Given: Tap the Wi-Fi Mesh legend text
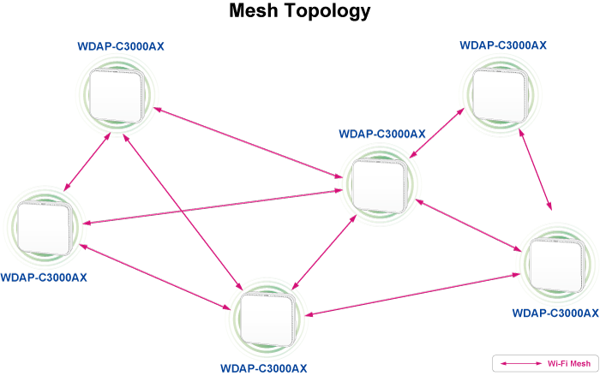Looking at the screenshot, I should [569, 363].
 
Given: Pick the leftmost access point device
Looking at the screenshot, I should [42, 229].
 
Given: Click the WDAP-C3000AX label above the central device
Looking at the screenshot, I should [381, 134].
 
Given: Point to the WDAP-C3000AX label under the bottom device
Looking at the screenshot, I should [263, 368].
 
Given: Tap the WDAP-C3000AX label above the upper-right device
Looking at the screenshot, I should [503, 45].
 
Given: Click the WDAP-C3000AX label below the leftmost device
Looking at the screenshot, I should [44, 278].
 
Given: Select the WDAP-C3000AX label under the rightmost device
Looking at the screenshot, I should [555, 313].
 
